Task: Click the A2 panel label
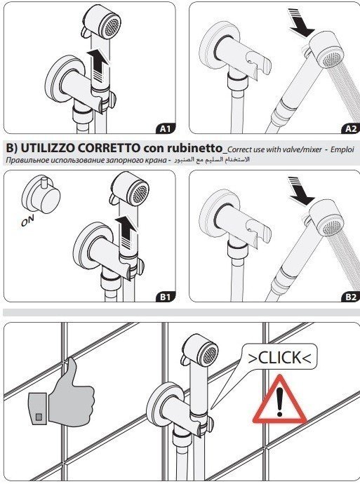(x=352, y=128)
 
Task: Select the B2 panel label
(x=352, y=297)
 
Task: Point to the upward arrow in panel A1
(x=98, y=65)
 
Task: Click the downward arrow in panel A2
(x=300, y=22)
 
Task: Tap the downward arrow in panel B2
(x=300, y=191)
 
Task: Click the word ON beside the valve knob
(x=27, y=220)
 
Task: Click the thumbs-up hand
(x=62, y=393)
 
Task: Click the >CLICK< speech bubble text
(x=279, y=358)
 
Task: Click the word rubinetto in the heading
(x=195, y=149)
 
